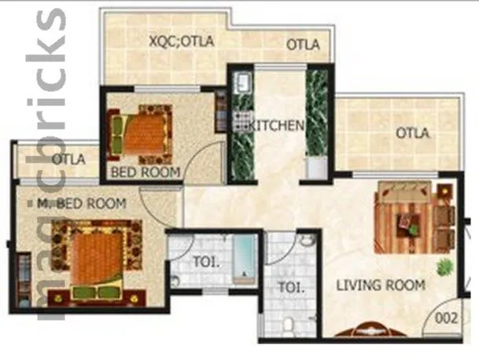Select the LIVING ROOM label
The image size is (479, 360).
[381, 285]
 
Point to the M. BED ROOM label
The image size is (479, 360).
[82, 203]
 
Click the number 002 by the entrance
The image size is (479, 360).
[447, 319]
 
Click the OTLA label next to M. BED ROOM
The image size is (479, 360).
[68, 160]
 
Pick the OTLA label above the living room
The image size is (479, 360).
[412, 133]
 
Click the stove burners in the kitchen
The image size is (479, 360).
[241, 122]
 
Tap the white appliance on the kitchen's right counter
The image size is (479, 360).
[316, 167]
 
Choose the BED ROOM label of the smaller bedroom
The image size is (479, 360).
[146, 171]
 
